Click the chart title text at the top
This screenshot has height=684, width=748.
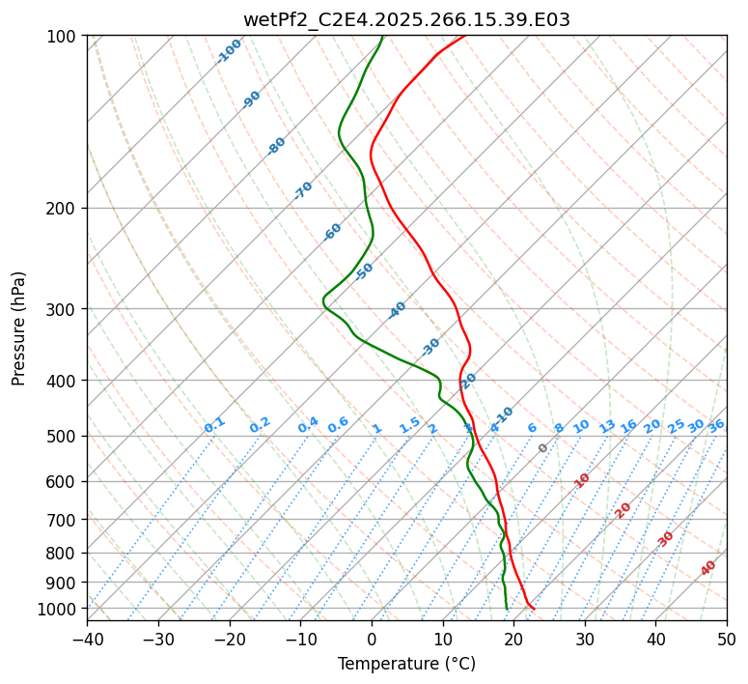pos(406,19)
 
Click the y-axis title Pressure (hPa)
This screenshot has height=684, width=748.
pos(19,328)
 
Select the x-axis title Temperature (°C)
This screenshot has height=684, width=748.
pos(406,665)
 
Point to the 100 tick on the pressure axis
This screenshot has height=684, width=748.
pos(63,37)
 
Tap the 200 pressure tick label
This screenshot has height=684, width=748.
pos(63,209)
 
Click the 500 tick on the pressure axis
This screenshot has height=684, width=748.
pos(63,437)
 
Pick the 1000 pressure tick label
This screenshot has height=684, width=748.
pos(59,609)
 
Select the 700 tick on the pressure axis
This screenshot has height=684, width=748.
pos(63,520)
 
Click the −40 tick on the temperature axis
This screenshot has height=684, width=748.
pos(87,639)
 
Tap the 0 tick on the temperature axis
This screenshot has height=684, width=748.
pos(372,639)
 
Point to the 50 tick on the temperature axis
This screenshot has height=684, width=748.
pos(727,639)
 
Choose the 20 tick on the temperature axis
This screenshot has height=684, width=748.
pos(513,639)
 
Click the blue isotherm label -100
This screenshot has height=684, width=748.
pos(230,51)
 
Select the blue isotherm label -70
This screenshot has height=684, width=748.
pos(303,190)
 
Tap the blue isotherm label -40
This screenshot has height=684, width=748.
pos(397,310)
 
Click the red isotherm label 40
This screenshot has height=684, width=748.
pos(708,568)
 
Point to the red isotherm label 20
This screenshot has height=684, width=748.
pos(623,509)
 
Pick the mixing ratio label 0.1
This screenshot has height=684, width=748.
pos(214,425)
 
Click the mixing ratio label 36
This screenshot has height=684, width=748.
pos(716,425)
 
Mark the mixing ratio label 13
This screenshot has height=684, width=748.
pos(607,426)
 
